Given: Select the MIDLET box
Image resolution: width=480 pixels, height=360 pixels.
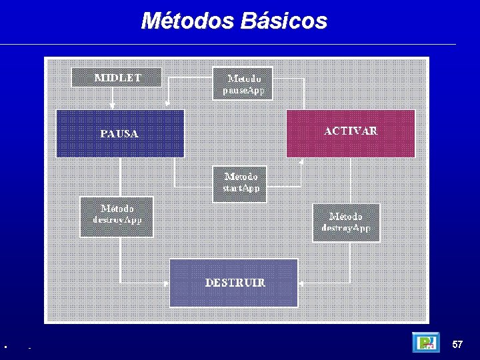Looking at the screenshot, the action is [117, 77].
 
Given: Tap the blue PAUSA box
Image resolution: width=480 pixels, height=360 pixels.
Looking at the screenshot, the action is [120, 133].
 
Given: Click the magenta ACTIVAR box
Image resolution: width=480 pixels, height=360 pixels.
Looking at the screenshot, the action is [351, 133].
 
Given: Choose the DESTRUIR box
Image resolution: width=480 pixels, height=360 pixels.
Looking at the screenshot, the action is [234, 283].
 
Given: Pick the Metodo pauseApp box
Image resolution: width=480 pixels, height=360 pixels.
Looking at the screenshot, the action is [243, 83].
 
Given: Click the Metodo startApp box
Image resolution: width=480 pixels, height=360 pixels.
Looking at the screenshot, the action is [240, 183].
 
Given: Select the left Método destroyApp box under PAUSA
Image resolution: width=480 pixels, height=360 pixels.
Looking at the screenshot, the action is [117, 217].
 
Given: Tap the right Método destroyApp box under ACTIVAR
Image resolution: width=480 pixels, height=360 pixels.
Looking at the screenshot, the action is [346, 223].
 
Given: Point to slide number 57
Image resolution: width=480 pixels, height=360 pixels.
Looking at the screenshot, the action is [457, 345].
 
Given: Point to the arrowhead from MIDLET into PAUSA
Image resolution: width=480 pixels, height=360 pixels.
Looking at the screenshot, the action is [113, 105].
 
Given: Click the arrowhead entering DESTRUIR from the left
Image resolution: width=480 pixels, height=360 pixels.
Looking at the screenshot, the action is [167, 283].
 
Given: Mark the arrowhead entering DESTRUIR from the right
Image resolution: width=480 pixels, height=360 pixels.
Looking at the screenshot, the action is [301, 283].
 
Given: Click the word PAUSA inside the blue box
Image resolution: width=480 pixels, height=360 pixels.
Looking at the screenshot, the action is [119, 134].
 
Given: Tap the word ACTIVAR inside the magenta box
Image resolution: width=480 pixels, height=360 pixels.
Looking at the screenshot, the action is [351, 131].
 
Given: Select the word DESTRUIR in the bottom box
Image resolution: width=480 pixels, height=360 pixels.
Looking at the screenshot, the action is [235, 283].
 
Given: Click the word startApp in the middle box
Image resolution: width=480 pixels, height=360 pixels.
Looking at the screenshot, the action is [241, 189].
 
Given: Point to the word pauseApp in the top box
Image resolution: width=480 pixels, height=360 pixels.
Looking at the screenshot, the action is [243, 89].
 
